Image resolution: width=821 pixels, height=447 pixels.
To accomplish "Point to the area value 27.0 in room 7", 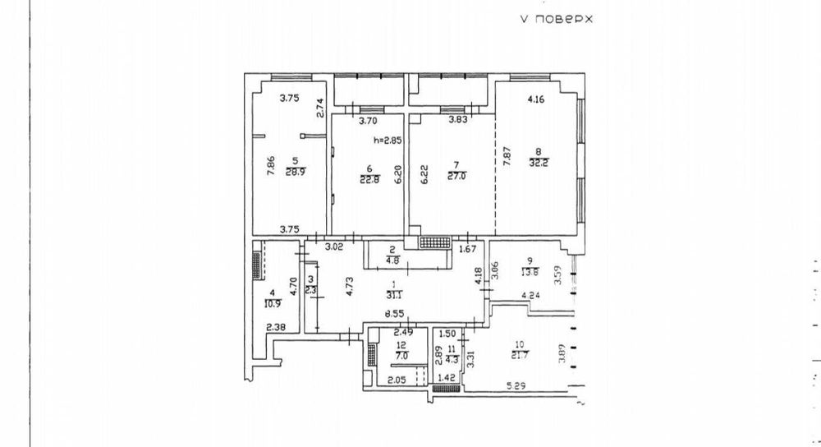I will click(x=453, y=174).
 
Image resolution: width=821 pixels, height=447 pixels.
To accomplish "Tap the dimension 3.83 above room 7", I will click(x=457, y=120).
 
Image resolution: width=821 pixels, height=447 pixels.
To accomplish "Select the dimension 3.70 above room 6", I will click(x=368, y=120).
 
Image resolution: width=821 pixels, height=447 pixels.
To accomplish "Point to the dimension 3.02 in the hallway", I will click(x=333, y=246).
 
